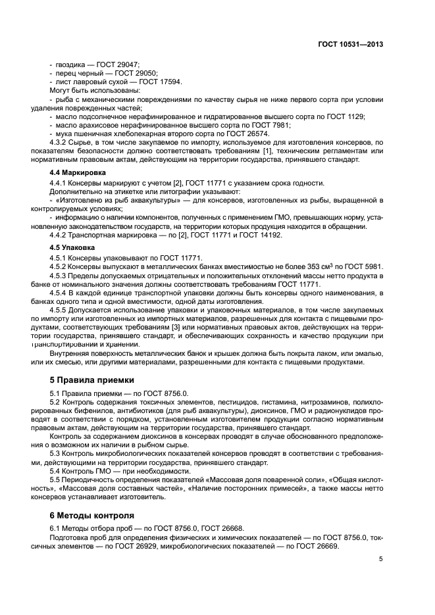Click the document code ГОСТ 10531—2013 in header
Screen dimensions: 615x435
pyautogui.click(x=349, y=45)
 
